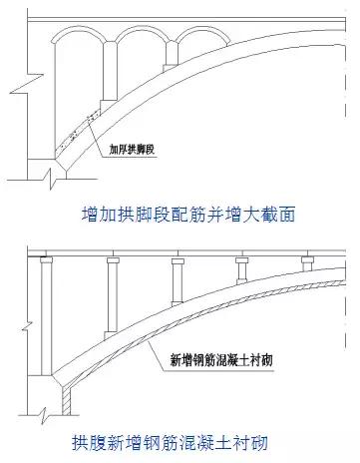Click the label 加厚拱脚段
(x=139, y=153)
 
